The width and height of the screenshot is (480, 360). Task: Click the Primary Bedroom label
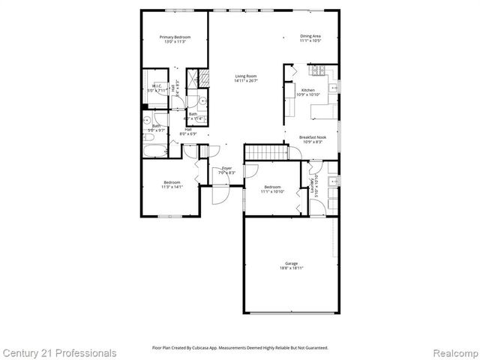[x=175, y=37]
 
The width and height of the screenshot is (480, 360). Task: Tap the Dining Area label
[x=310, y=36]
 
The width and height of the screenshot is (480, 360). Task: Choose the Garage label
[x=291, y=263]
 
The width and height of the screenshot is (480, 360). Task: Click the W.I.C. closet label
[x=157, y=86]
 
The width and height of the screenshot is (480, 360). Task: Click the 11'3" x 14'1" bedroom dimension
[x=172, y=187]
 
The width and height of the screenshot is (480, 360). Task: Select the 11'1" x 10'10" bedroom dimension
[x=271, y=191]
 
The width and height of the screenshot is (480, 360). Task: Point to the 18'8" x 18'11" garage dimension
[x=291, y=268]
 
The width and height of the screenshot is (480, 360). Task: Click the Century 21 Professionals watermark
[x=60, y=352]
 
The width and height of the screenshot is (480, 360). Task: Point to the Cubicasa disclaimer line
[x=240, y=348]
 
